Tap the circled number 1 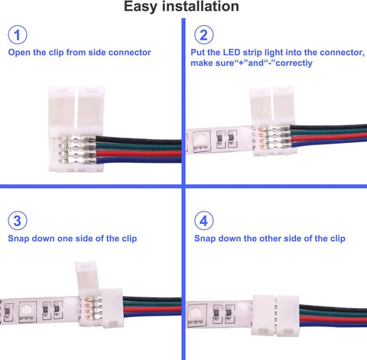click(18, 36)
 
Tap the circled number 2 click(203, 36)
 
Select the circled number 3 click(18, 221)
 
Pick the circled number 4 click(203, 221)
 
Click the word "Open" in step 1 click(20, 54)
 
